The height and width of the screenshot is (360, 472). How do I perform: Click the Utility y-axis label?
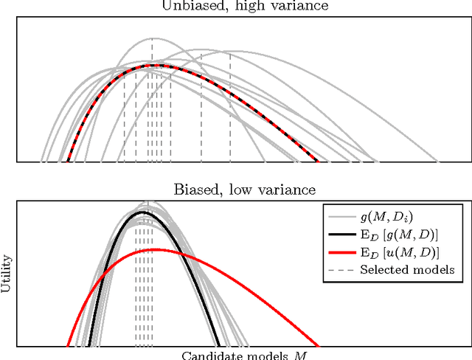[7, 276]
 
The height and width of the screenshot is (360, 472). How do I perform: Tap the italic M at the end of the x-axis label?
[300, 355]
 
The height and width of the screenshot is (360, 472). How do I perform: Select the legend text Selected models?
[406, 269]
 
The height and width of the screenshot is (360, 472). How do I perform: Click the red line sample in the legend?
[339, 252]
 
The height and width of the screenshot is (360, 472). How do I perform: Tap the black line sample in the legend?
[339, 234]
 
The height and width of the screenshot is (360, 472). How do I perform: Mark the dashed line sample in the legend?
[339, 269]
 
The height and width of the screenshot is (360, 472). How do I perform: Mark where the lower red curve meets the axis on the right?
[318, 346]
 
